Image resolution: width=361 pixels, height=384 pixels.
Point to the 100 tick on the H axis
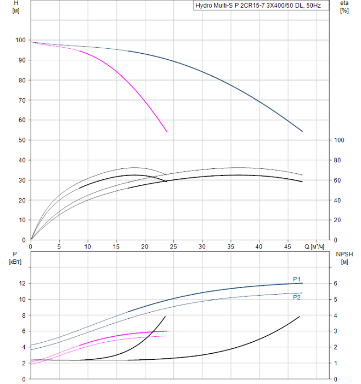click(20, 40)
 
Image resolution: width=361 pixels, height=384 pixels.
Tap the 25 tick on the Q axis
click(173, 246)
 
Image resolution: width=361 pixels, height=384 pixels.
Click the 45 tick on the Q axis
click(288, 246)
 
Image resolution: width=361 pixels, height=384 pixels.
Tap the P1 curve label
click(297, 279)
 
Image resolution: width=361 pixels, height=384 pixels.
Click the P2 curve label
click(297, 297)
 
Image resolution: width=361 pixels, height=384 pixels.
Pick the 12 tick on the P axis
click(22, 283)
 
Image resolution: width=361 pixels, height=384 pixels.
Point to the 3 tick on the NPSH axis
click(336, 331)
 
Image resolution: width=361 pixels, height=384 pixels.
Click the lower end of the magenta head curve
click(166, 131)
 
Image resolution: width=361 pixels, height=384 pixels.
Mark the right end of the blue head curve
click(302, 131)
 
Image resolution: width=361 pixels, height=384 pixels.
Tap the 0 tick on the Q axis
click(30, 246)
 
